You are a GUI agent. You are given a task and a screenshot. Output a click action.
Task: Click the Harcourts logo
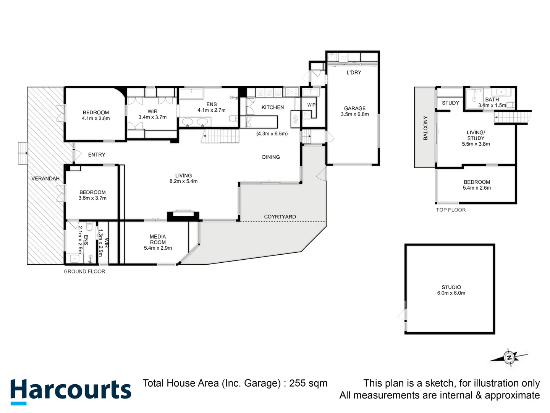point(71,391)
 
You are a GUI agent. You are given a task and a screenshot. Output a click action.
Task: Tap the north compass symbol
point(509,358)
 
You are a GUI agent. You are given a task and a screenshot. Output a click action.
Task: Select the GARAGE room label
point(354,109)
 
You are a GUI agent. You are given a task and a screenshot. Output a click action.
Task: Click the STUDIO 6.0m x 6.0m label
point(451,290)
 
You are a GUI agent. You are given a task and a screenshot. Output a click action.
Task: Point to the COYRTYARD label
point(280,217)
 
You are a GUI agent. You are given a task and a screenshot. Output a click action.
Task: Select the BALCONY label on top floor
point(425,128)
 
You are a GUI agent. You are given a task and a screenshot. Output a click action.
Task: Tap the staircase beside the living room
point(220,137)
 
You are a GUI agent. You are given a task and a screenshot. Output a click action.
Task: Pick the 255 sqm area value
point(308,383)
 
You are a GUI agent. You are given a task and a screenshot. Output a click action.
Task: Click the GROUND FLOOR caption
point(84,272)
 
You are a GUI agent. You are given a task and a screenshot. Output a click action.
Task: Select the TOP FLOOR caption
point(451,210)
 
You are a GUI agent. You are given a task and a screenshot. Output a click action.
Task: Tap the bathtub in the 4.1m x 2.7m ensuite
point(191,94)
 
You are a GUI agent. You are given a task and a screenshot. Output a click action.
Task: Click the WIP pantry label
point(311,105)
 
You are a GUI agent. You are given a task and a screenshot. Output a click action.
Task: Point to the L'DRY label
point(354,73)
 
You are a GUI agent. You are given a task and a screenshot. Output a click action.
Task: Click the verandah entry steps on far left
point(23,153)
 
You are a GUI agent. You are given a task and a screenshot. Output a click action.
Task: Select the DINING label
point(271,157)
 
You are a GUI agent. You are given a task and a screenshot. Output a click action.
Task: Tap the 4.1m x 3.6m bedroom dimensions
point(95,119)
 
